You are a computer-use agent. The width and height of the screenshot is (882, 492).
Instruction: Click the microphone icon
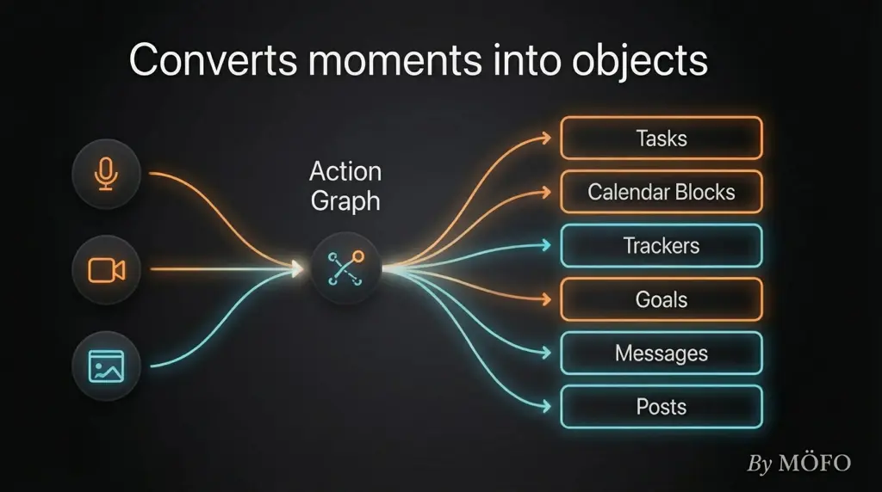106,174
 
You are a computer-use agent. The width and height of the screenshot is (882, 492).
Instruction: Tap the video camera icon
106,270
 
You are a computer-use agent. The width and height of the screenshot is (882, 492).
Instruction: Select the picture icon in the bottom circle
106,366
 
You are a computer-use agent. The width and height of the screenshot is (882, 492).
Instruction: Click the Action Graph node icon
346,268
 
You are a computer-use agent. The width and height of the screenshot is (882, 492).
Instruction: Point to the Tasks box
661,138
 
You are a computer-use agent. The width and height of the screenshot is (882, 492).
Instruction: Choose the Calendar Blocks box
661,192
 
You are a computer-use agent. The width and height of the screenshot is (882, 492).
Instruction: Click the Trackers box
661,245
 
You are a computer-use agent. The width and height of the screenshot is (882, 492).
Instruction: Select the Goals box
661,299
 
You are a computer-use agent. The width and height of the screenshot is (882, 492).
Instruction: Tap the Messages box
661,354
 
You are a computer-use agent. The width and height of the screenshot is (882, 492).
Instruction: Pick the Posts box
661,407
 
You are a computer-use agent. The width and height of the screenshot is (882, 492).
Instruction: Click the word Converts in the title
214,59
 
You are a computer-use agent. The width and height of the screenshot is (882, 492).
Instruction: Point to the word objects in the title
640,61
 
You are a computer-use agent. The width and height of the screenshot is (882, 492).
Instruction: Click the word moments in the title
394,61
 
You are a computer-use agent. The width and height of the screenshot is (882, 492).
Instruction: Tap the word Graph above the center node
345,201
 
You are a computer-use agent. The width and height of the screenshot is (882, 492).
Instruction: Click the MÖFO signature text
815,464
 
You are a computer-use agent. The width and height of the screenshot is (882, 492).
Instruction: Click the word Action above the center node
345,171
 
